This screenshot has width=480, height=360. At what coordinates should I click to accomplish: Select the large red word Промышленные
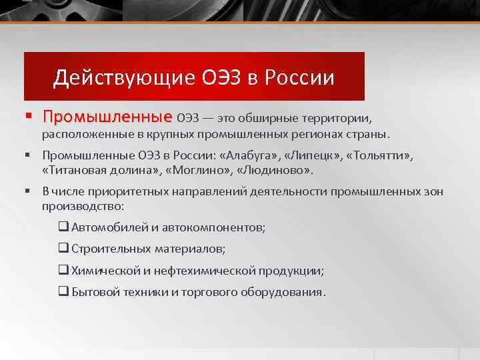pos(107,117)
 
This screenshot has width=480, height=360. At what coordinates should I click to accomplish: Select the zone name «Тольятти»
pos(379,157)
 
